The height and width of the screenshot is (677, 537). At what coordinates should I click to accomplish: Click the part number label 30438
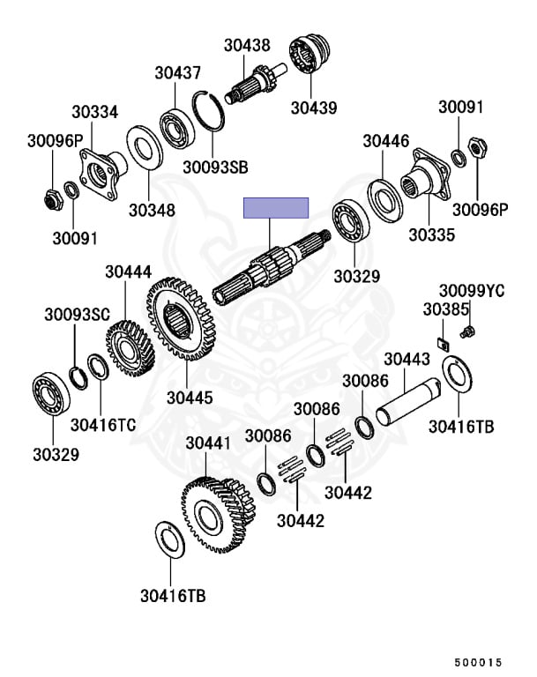tap(247, 45)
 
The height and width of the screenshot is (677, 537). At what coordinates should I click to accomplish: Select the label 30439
tap(314, 108)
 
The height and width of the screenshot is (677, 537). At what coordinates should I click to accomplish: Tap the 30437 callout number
tap(178, 73)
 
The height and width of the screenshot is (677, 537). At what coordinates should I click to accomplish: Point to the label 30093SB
tap(215, 167)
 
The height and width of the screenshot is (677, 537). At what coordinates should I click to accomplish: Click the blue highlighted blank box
tap(276, 208)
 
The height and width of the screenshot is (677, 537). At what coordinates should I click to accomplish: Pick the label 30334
tap(94, 112)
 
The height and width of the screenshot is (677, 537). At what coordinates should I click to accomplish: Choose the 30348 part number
tap(152, 211)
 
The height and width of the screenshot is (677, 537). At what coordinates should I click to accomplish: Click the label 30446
tap(386, 141)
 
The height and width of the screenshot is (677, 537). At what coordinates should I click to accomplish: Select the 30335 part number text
tap(431, 234)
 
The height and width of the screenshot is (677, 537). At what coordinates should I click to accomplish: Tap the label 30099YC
tap(472, 291)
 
